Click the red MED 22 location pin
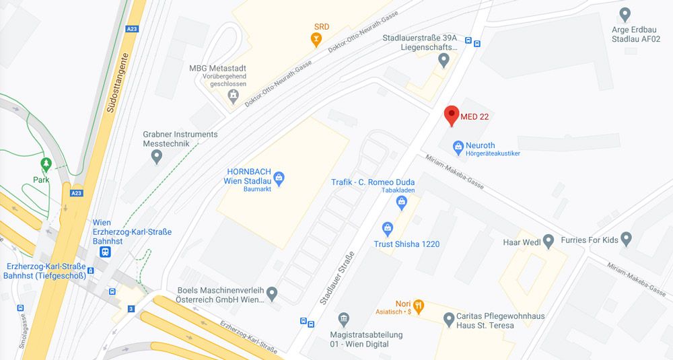click(x=452, y=115)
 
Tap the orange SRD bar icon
click(x=315, y=40)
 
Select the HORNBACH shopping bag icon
click(x=279, y=178)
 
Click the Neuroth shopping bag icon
click(x=458, y=145)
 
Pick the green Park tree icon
click(x=46, y=164)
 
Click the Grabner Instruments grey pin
click(x=157, y=157)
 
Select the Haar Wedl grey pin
click(x=548, y=240)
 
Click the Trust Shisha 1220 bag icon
click(x=387, y=229)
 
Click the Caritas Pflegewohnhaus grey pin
click(x=449, y=319)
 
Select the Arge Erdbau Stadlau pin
click(x=625, y=13)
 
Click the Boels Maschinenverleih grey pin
click(x=272, y=293)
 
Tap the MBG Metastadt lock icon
click(x=234, y=96)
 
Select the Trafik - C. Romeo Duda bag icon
click(x=402, y=200)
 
